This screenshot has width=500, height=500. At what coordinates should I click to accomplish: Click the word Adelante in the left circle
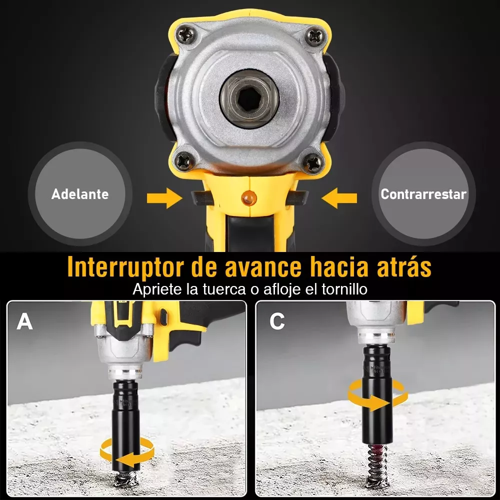tap(80, 194)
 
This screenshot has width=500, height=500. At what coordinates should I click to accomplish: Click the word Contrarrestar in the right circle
tap(423, 194)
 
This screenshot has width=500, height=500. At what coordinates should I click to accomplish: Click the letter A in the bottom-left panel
tap(24, 322)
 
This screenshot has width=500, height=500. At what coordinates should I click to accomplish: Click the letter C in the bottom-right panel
tap(277, 322)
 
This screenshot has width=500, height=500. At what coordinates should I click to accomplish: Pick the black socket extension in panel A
tap(125, 415)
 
